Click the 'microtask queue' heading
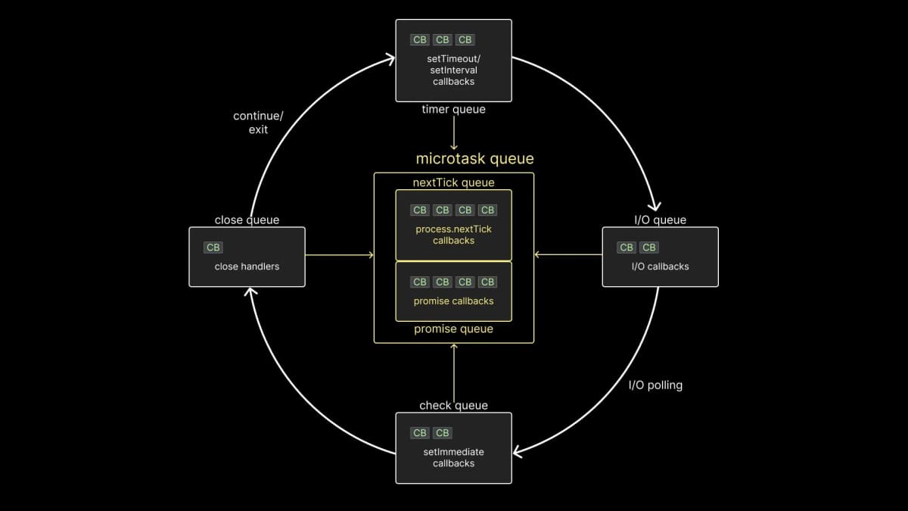pyautogui.click(x=474, y=159)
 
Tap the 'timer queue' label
pyautogui.click(x=453, y=110)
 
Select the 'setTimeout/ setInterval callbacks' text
pyautogui.click(x=453, y=70)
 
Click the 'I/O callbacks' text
pyautogui.click(x=660, y=266)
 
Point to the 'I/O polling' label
pyautogui.click(x=655, y=385)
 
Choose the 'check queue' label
pyautogui.click(x=453, y=406)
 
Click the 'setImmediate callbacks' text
pyautogui.click(x=453, y=457)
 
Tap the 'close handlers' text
pyautogui.click(x=247, y=266)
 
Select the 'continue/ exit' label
pyautogui.click(x=258, y=123)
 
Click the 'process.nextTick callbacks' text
pyautogui.click(x=453, y=235)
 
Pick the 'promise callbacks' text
pyautogui.click(x=453, y=301)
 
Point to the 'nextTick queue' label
pyautogui.click(x=453, y=182)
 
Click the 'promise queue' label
pyautogui.click(x=453, y=329)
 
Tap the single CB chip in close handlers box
pyautogui.click(x=213, y=248)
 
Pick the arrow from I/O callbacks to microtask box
pyautogui.click(x=567, y=255)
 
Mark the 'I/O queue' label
pyautogui.click(x=660, y=220)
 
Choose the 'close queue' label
pyautogui.click(x=247, y=220)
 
